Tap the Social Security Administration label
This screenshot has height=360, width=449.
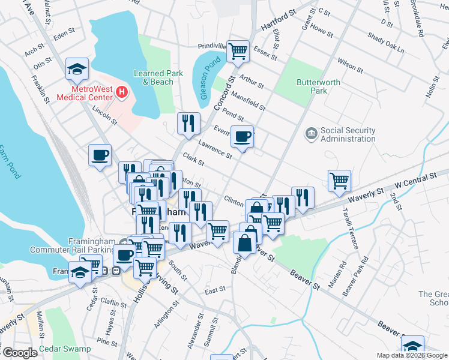[348, 134]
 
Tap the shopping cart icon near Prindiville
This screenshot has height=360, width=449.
[238, 51]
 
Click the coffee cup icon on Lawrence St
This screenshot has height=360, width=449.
[242, 137]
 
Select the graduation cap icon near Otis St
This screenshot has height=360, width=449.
[77, 69]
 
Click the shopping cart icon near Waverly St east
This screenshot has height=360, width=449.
[339, 180]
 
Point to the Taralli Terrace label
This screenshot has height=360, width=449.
[351, 231]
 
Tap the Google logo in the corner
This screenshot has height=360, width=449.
[19, 353]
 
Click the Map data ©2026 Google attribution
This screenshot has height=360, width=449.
[411, 355]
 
